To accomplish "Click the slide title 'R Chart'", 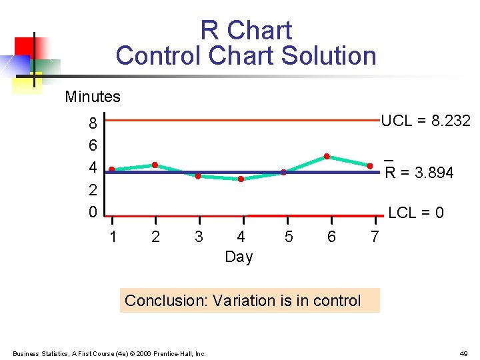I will [246, 31].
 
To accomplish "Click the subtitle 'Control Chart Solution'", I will [246, 56].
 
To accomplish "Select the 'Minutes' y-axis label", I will [93, 97].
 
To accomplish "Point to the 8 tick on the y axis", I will [93, 123].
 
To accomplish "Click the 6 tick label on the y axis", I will [93, 145].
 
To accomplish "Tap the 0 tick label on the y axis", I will [93, 212].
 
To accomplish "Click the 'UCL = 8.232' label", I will [425, 121].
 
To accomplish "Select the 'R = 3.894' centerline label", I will [420, 173].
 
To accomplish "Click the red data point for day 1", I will [112, 169].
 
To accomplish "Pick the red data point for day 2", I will [155, 165].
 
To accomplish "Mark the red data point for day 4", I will [241, 179].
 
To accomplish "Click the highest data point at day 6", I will [327, 156].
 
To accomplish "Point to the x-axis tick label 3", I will [199, 237].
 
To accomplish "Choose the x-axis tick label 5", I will [288, 237].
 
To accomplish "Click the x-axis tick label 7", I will [375, 237].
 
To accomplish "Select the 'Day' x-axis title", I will [239, 257].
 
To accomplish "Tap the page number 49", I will [463, 353].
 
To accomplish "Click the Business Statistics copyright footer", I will [109, 353].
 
